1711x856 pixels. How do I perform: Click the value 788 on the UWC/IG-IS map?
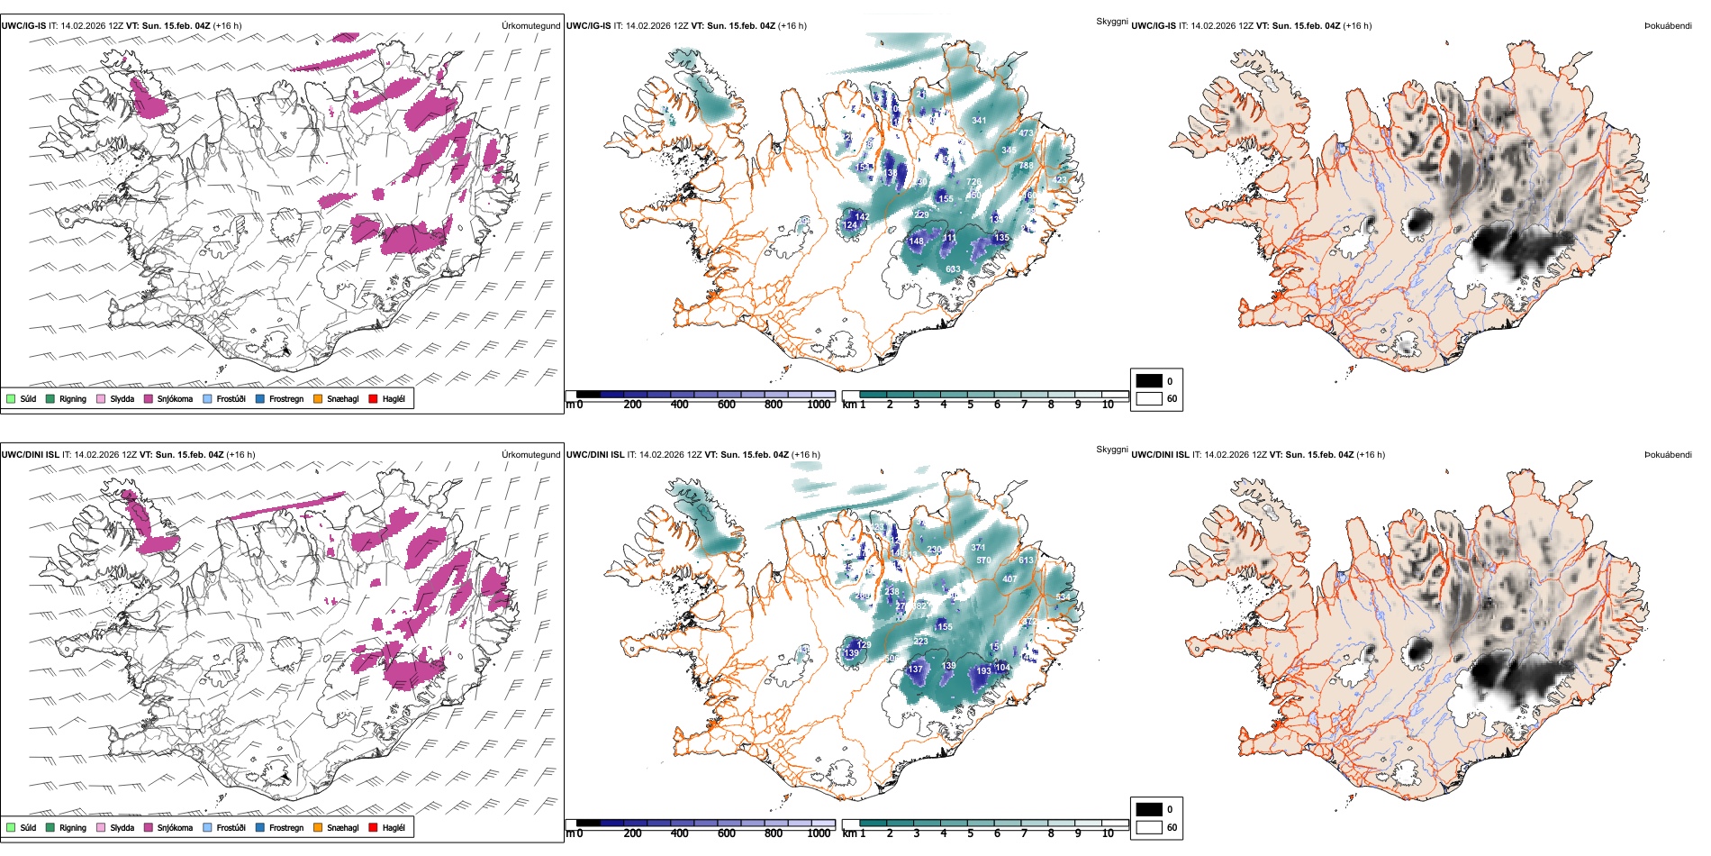[1026, 166]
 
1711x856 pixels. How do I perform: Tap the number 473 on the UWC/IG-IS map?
[1026, 133]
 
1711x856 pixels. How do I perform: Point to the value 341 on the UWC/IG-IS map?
[979, 121]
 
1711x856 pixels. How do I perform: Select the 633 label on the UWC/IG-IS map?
[953, 269]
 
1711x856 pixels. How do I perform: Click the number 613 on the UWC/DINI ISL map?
[1026, 560]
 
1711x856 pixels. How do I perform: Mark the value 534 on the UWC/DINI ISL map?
[1063, 597]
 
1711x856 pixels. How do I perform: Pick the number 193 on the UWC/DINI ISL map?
[983, 671]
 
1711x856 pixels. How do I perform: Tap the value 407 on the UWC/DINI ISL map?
[1009, 579]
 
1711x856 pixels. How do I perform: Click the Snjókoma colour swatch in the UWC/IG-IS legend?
[149, 399]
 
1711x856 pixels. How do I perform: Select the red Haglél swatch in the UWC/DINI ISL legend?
[374, 828]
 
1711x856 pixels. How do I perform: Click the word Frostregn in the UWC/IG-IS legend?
[286, 399]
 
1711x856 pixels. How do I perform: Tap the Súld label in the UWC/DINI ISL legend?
[29, 828]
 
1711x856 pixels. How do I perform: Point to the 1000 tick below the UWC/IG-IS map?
[819, 405]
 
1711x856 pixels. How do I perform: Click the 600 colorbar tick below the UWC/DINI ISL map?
[727, 834]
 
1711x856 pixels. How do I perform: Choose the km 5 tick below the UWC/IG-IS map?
[971, 405]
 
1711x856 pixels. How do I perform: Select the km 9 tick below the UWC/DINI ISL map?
[1078, 834]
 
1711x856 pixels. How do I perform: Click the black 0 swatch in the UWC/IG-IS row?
[1149, 381]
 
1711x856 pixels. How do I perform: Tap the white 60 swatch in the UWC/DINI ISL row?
[1149, 827]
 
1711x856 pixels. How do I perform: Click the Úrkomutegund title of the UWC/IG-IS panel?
[530, 26]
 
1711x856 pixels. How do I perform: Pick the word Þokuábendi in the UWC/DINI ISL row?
[1668, 455]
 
